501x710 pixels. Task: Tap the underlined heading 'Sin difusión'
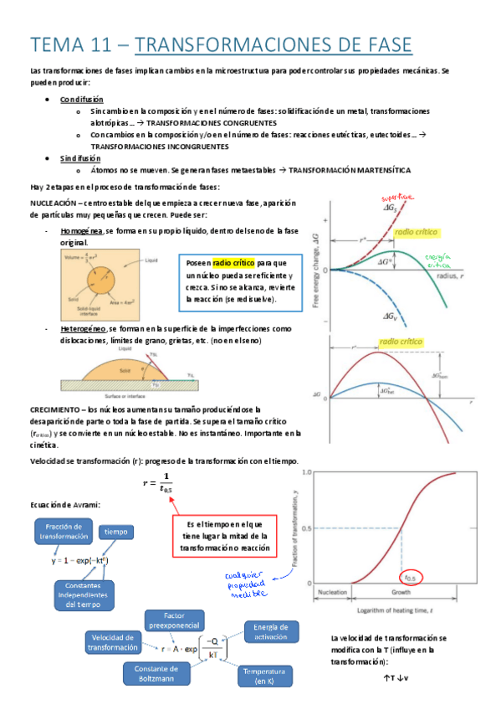coord(80,157)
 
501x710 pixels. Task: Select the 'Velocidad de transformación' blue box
coord(115,643)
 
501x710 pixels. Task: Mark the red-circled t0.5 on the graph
coord(412,576)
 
